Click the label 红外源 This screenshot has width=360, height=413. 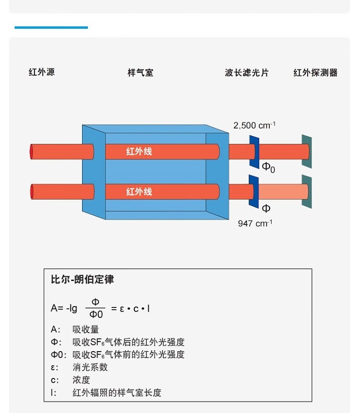point(42,72)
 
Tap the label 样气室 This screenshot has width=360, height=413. point(140,73)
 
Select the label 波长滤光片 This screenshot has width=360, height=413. point(247,73)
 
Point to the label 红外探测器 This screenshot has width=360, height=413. point(315,73)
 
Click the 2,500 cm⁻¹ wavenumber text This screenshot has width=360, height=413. point(254,126)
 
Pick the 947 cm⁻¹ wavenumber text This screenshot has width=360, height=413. point(255,224)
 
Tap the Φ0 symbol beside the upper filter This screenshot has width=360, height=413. point(268,167)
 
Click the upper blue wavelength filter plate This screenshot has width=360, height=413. point(254,152)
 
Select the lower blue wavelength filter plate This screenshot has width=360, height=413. point(253,191)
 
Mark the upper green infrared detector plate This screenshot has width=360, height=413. point(306,152)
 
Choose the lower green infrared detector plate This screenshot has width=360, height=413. point(306,191)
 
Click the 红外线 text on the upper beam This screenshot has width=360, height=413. point(139,152)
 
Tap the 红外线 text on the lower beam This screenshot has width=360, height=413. point(139,192)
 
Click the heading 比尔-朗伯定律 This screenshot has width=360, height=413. point(83,280)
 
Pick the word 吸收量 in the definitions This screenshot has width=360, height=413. point(85,330)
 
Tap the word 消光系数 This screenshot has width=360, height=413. point(90,367)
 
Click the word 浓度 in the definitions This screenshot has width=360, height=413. point(81,380)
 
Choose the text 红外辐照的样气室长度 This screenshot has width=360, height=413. point(117,393)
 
